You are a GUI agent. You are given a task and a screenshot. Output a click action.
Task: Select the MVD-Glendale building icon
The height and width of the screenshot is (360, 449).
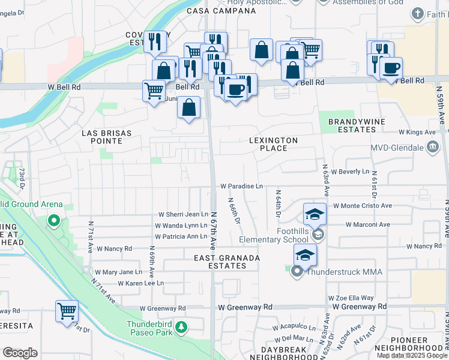click(433, 147)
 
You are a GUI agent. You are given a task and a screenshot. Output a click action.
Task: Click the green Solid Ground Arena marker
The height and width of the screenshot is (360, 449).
click(54, 221)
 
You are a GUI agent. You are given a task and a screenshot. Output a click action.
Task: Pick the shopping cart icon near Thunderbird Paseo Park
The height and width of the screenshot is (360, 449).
click(67, 312)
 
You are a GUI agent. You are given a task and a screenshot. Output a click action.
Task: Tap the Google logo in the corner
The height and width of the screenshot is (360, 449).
click(20, 353)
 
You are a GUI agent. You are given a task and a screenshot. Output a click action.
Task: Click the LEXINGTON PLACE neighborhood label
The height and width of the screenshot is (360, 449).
click(274, 145)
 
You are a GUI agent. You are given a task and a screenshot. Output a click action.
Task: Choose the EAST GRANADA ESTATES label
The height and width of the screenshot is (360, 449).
click(227, 262)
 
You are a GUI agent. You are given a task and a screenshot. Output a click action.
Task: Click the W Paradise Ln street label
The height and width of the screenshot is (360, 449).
click(241, 187)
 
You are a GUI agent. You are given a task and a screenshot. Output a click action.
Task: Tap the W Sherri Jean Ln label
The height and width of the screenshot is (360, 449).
click(183, 214)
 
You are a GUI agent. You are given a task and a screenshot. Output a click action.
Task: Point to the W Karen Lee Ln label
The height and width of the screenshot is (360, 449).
click(141, 283)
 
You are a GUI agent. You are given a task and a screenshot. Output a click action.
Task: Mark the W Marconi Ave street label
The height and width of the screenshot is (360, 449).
click(368, 225)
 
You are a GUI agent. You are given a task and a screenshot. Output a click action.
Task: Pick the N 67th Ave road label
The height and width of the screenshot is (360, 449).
click(214, 231)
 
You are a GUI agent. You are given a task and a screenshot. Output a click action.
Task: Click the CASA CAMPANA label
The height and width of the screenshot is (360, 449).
click(212, 11)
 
